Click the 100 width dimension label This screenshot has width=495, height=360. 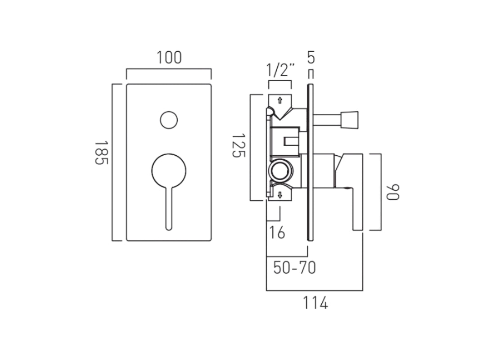pos(169,58)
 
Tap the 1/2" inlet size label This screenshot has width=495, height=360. pos(280,70)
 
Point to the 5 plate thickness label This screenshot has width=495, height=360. pos(310,58)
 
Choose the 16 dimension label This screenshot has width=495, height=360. pos(277,233)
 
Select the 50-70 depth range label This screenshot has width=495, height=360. pos(295,268)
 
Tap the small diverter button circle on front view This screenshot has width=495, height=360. pos(169,120)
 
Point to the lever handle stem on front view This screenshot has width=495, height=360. pos(169,209)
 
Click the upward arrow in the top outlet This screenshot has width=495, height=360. pos(279,100)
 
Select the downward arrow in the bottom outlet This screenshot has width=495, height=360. pos(279,194)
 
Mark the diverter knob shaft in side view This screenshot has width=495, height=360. pos(328,119)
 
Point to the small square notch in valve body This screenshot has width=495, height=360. pos(292,141)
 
